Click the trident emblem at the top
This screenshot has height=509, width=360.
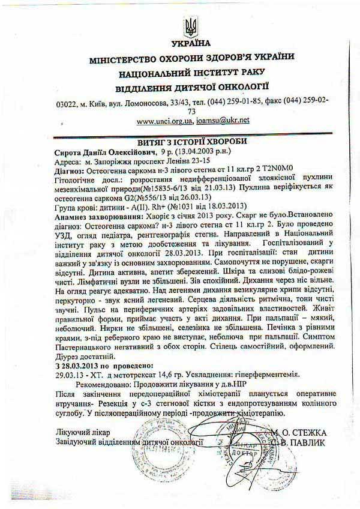click(191, 26)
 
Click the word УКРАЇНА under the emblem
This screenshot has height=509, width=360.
click(191, 43)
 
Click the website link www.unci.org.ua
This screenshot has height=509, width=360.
click(164, 121)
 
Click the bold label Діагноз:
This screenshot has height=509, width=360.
click(71, 171)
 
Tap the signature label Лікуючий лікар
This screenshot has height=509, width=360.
click(83, 432)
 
